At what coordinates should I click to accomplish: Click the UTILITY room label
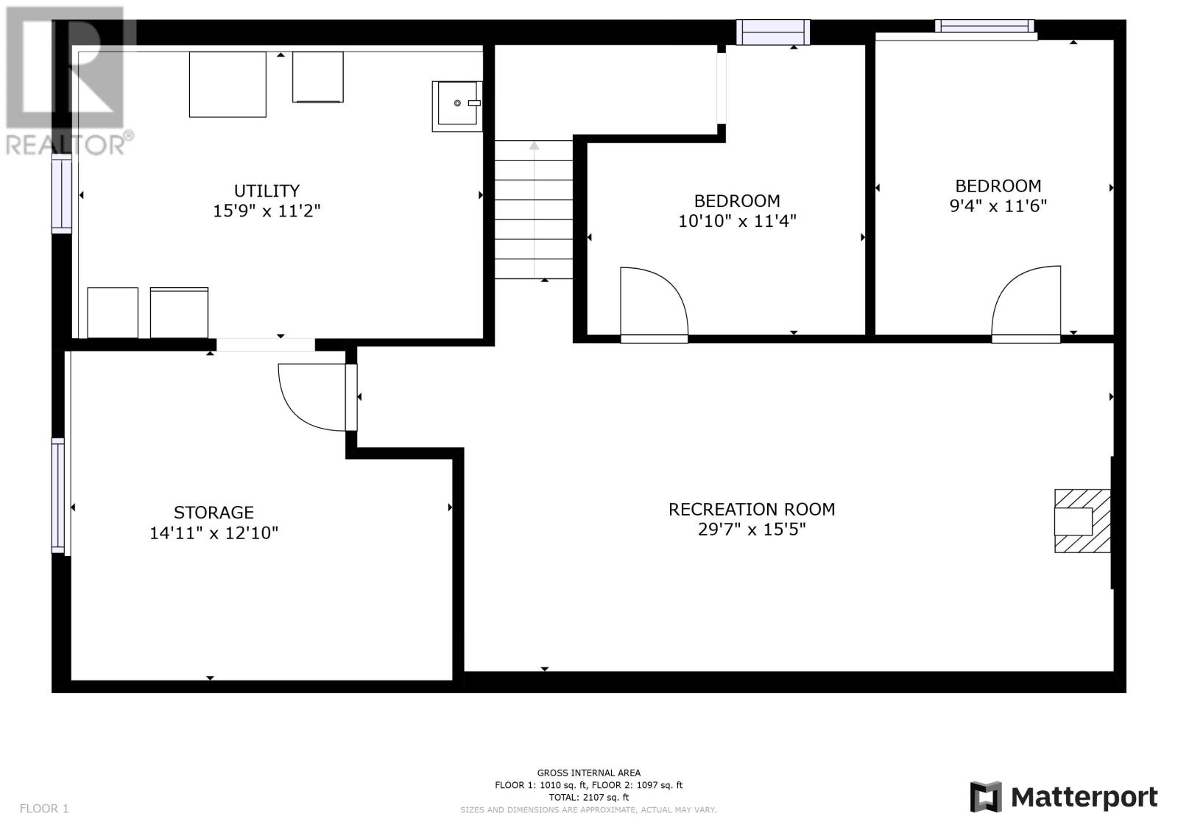(267, 191)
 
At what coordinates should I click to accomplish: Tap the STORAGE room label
(214, 513)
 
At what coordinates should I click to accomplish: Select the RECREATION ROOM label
(752, 510)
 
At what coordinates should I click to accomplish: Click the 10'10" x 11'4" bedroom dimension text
(737, 221)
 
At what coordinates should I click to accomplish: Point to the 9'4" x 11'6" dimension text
(998, 205)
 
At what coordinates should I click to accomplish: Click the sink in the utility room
(457, 106)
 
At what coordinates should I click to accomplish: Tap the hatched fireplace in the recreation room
(1082, 521)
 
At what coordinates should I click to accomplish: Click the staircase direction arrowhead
(535, 146)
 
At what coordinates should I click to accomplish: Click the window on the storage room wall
(58, 496)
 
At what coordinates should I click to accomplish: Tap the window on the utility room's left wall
(61, 194)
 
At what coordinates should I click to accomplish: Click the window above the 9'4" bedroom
(984, 26)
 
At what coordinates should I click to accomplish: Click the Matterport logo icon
(986, 797)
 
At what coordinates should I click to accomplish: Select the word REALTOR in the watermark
(65, 144)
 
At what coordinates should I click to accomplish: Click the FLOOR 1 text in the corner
(44, 808)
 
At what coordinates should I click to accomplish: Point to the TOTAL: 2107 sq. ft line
(588, 797)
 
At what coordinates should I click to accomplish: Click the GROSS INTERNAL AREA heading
(588, 773)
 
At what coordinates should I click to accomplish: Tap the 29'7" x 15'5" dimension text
(752, 530)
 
